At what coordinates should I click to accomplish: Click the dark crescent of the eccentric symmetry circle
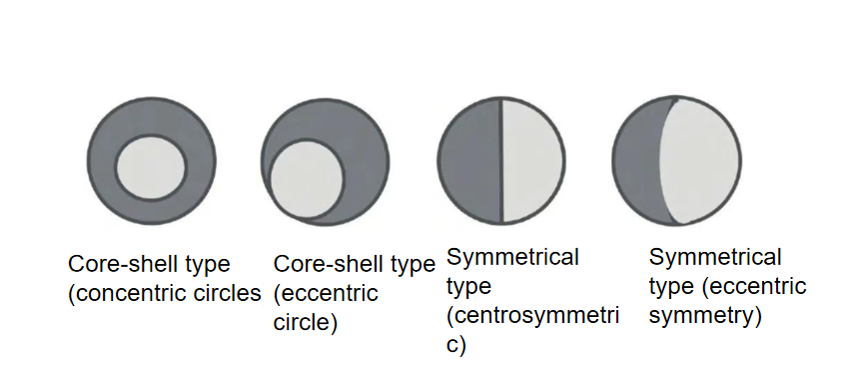[x=635, y=162]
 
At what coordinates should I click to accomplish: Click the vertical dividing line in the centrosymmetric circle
[x=501, y=162]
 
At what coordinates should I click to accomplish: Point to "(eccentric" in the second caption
[x=326, y=294]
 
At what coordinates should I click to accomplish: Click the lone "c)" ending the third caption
[x=457, y=346]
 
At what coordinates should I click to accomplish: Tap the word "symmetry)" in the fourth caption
[x=705, y=317]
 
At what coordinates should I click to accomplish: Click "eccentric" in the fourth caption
[x=765, y=287]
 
